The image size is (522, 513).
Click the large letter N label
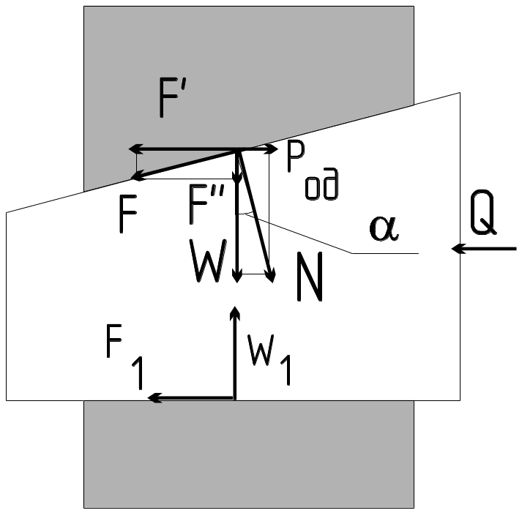310,278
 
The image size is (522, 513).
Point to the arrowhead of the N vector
272,277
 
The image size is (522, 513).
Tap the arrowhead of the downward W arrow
236,276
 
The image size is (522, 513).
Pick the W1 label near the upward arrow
268,355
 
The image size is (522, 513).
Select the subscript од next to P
322,187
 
